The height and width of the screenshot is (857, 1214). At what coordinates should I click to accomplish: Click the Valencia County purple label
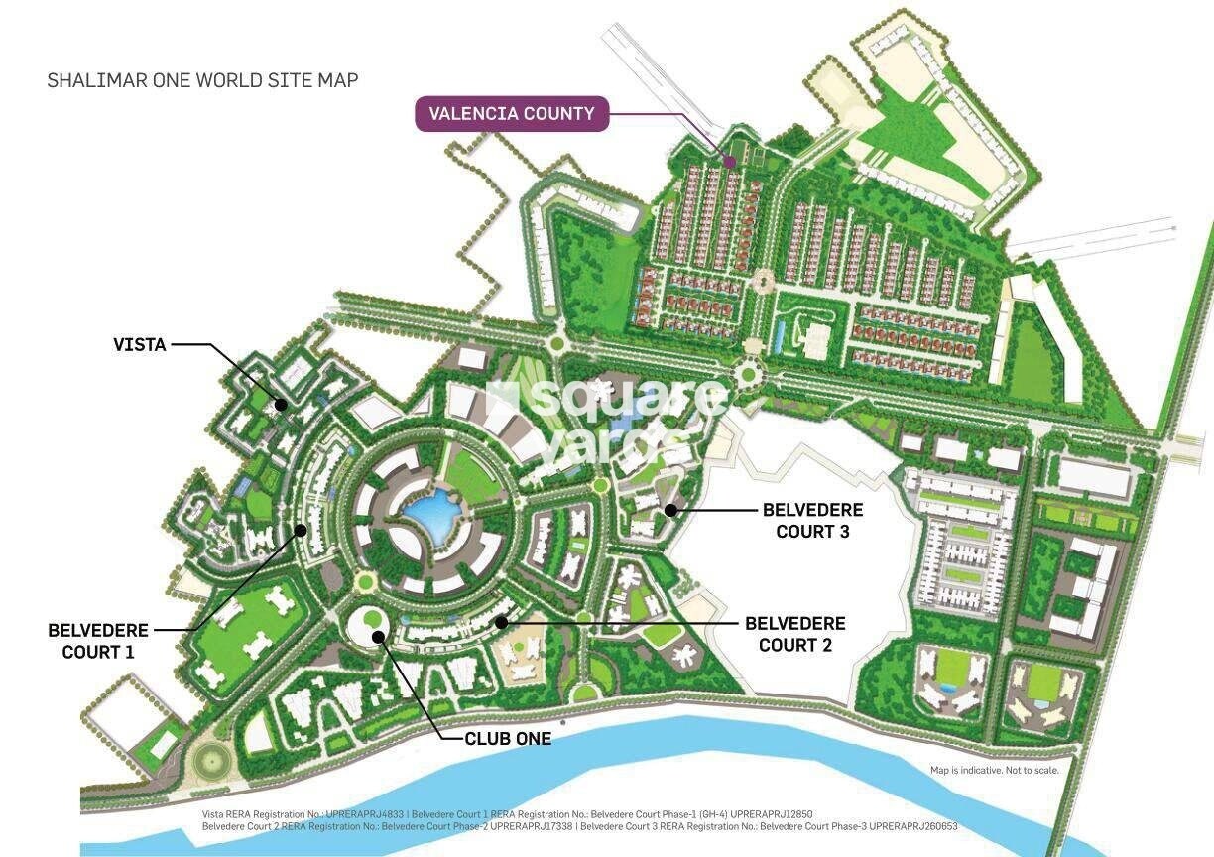tap(511, 113)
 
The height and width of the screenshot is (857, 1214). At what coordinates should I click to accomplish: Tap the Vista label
tap(139, 345)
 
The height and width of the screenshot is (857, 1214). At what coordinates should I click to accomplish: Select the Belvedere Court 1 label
tap(97, 640)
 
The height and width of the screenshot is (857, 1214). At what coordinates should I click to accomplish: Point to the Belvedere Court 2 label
tap(794, 633)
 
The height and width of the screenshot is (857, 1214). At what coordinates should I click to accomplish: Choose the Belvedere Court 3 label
tap(812, 520)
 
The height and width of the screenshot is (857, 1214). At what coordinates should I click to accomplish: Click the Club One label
tap(508, 739)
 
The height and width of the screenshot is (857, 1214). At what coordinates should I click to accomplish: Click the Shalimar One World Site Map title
tap(202, 80)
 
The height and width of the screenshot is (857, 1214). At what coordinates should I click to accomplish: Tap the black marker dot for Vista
tap(282, 404)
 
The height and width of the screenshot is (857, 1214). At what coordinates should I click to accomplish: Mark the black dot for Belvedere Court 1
tap(301, 531)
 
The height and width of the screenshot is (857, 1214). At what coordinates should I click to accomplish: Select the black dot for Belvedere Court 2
tap(502, 622)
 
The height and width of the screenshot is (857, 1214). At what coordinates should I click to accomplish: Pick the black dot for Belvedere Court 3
tap(670, 510)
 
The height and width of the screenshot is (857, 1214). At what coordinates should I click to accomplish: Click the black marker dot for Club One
tap(377, 636)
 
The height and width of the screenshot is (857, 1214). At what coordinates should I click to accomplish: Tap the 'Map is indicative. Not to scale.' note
tap(994, 770)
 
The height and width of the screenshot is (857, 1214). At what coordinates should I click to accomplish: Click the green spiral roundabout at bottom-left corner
tap(210, 762)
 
